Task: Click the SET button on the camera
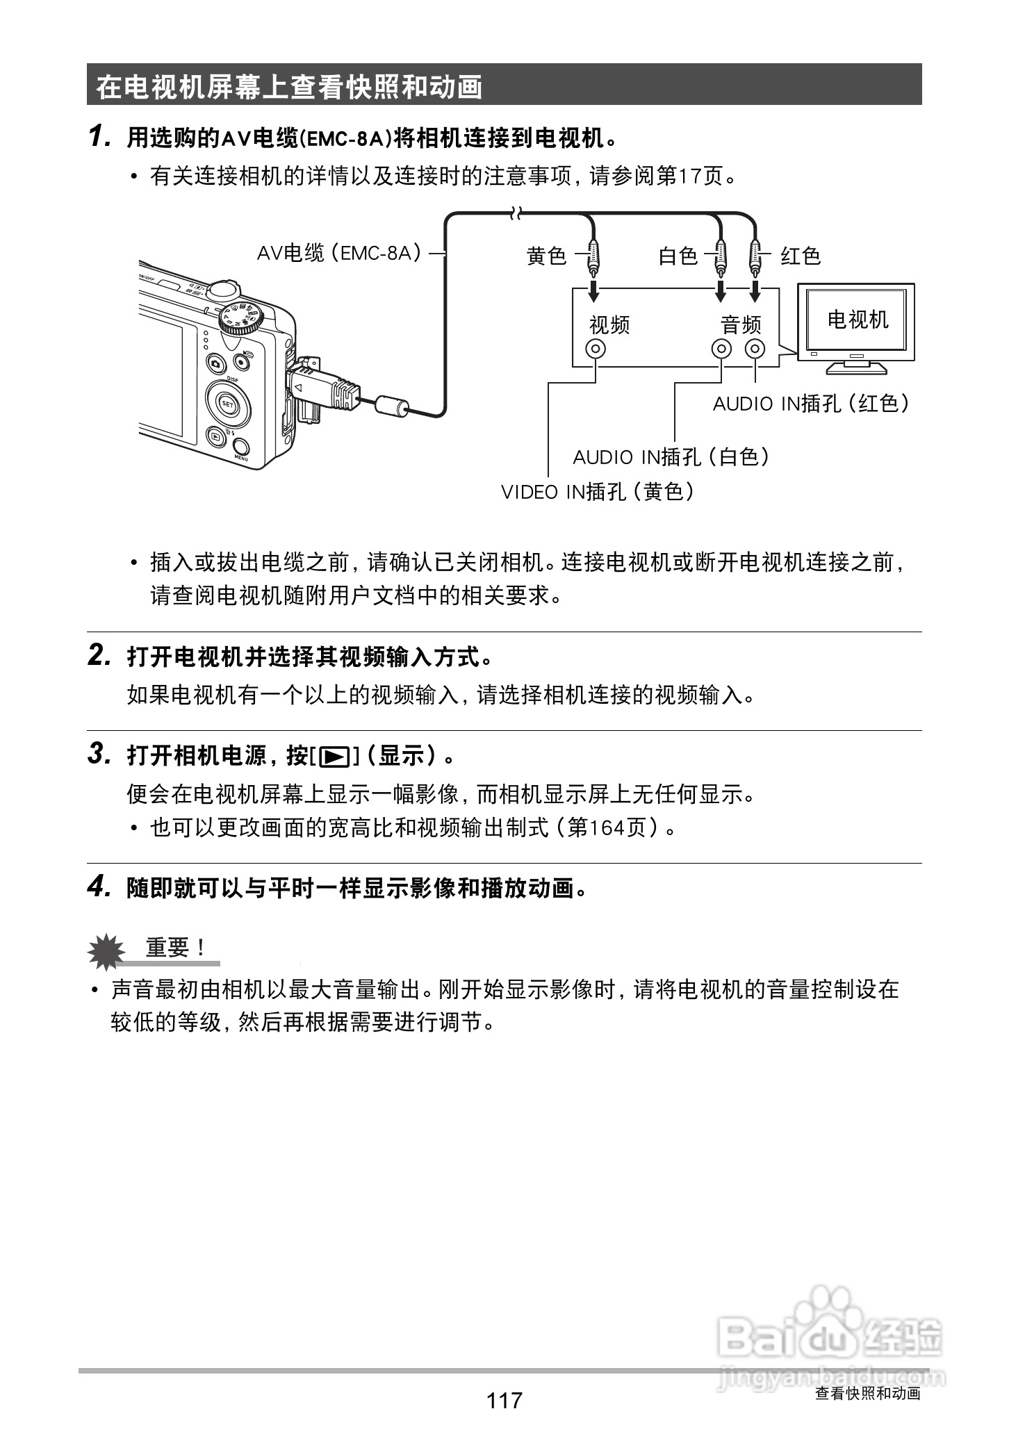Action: pyautogui.click(x=227, y=403)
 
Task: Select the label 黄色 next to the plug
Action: pyautogui.click(x=547, y=256)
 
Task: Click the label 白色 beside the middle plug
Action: pyautogui.click(x=678, y=256)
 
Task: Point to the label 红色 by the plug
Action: pyautogui.click(x=801, y=256)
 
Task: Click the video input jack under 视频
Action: pyautogui.click(x=596, y=349)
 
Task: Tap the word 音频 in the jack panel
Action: pyautogui.click(x=741, y=324)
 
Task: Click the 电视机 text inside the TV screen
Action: pyautogui.click(x=858, y=320)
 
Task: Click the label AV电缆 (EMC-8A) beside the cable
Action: pyautogui.click(x=341, y=254)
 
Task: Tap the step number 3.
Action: pyautogui.click(x=99, y=755)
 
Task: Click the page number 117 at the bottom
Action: pyautogui.click(x=504, y=1399)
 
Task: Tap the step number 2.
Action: pyautogui.click(x=99, y=656)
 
